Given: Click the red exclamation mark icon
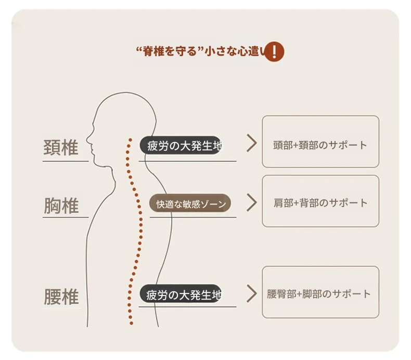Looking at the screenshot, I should click(x=274, y=52).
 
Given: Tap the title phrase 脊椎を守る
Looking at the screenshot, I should click(x=168, y=52).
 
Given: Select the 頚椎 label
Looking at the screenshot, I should click(x=60, y=148).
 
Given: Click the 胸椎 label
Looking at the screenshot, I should click(x=61, y=207).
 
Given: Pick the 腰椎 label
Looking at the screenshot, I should click(x=61, y=297).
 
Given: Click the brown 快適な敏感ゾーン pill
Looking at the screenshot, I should click(x=190, y=204).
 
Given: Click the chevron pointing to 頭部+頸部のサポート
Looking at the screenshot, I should click(x=252, y=144).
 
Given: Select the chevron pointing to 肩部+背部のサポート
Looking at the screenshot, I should click(x=252, y=203).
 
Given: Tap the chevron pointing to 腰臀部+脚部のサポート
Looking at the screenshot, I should click(x=252, y=293).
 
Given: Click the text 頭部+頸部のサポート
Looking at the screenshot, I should click(x=320, y=145).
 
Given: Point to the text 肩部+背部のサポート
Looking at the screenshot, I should click(x=320, y=203).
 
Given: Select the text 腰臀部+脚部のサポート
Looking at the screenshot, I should click(x=318, y=294).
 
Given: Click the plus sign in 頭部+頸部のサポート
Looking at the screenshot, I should click(x=296, y=146).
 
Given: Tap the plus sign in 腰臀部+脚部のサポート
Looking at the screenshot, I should click(x=299, y=294).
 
